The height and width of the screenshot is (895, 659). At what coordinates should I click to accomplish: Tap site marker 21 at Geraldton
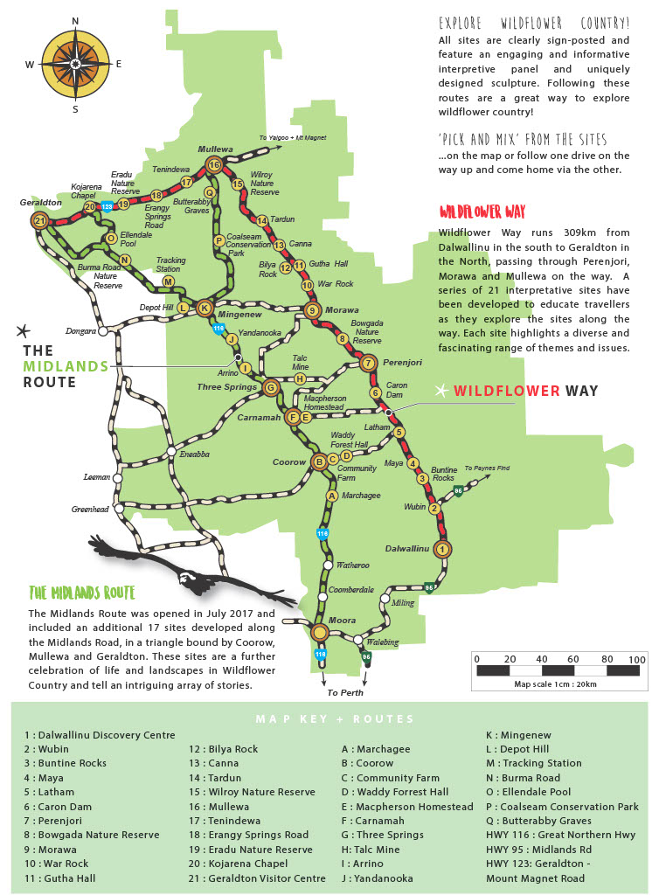pos(39,221)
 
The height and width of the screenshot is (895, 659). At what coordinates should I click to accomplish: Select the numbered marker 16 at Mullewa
pos(214,164)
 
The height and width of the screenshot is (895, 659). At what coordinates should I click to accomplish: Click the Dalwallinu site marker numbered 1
pos(442,549)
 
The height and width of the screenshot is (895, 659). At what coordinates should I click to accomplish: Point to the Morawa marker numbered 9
pos(313,309)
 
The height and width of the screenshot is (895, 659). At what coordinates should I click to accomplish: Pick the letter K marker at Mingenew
pos(205,308)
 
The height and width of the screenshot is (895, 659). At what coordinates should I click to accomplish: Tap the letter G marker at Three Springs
pos(271,387)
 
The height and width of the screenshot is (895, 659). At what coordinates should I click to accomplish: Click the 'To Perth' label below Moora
pos(345,692)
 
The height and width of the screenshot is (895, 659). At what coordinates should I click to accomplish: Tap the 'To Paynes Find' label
pos(487,468)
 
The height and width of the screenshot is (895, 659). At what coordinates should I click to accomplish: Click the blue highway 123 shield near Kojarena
pos(107,206)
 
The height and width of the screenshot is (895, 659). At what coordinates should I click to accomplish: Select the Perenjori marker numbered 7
pos(368,363)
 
